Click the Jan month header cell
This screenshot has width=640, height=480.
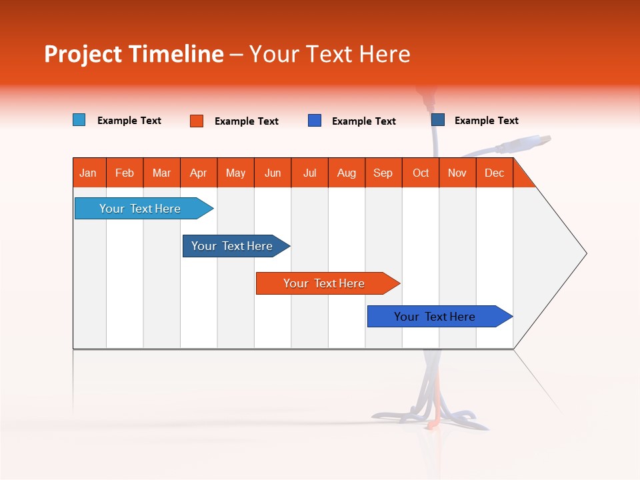pyautogui.click(x=89, y=173)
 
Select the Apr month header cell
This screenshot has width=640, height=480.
pyautogui.click(x=199, y=173)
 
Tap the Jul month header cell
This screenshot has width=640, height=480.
pyautogui.click(x=309, y=173)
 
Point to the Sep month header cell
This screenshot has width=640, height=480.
pyautogui.click(x=383, y=173)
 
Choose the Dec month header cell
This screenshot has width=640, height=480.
pyautogui.click(x=494, y=173)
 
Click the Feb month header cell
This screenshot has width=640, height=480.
pyautogui.click(x=125, y=173)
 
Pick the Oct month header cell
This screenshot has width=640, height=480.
pyautogui.click(x=421, y=173)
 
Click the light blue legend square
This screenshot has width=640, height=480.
pyautogui.click(x=79, y=120)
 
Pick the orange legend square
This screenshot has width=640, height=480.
pyautogui.click(x=197, y=121)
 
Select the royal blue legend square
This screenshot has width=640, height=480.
pyautogui.click(x=315, y=121)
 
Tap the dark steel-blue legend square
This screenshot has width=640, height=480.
pyautogui.click(x=438, y=120)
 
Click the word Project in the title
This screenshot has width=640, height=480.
pyautogui.click(x=82, y=54)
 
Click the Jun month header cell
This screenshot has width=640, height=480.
pyautogui.click(x=273, y=173)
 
